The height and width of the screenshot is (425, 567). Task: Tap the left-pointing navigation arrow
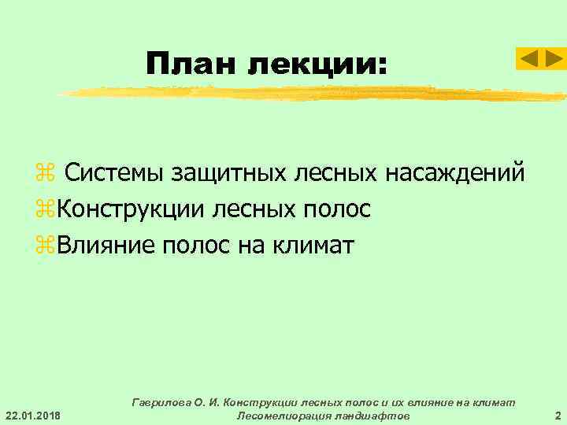[528, 58]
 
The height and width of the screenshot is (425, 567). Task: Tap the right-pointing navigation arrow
[554, 58]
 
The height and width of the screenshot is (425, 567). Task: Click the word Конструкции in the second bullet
[126, 209]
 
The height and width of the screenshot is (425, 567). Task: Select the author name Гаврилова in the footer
[169, 402]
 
